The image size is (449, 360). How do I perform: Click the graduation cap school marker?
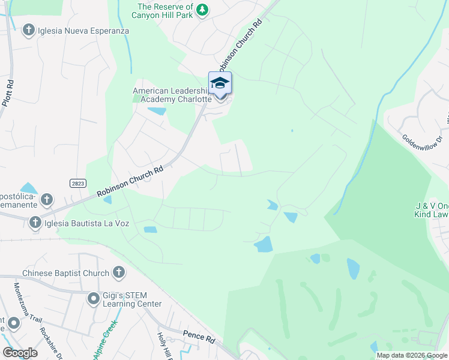pos(220,83)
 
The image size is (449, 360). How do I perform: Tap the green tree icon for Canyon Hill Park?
pos(203,9)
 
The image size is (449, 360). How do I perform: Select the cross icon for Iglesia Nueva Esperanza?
pos(28,29)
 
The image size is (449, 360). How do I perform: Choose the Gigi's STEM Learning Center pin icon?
pos(93,298)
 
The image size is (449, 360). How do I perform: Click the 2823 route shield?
pos(77,184)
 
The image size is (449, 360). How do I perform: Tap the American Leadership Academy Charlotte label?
pos(172,95)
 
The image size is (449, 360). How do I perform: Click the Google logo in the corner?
pos(20,352)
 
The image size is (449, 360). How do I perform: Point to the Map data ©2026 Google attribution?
pos(411,355)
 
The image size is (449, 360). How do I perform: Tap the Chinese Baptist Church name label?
pos(66,273)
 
